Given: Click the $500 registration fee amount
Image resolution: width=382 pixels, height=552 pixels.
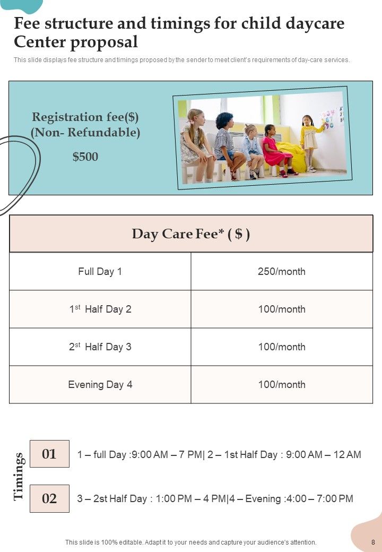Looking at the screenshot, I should click(x=85, y=157).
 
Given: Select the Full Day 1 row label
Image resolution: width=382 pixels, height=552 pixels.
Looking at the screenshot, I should click(x=100, y=272).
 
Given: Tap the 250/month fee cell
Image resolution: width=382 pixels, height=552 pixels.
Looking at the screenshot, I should click(x=281, y=272).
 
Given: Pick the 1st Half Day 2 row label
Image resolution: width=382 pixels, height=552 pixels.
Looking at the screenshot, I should click(x=100, y=309).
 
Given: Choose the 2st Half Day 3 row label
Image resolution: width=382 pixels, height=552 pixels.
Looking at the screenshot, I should click(x=100, y=347).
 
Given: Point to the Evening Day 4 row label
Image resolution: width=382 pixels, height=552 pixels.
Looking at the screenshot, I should click(x=100, y=385).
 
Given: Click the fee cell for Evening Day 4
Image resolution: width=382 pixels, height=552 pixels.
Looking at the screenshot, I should click(x=281, y=385).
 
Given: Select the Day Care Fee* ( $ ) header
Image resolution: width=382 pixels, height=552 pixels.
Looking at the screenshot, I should click(x=190, y=234).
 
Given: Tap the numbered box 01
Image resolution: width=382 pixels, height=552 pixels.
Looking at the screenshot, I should click(x=49, y=454).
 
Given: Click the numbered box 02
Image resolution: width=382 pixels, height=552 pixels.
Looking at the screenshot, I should click(x=49, y=498).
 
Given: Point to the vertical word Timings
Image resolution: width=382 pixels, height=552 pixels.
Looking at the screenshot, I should click(x=19, y=476).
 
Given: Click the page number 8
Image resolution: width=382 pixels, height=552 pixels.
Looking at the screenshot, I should click(x=373, y=542).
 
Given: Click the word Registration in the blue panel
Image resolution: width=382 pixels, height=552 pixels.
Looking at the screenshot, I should click(x=67, y=117).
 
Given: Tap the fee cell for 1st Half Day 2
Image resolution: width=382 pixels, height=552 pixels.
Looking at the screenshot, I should click(x=281, y=309).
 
